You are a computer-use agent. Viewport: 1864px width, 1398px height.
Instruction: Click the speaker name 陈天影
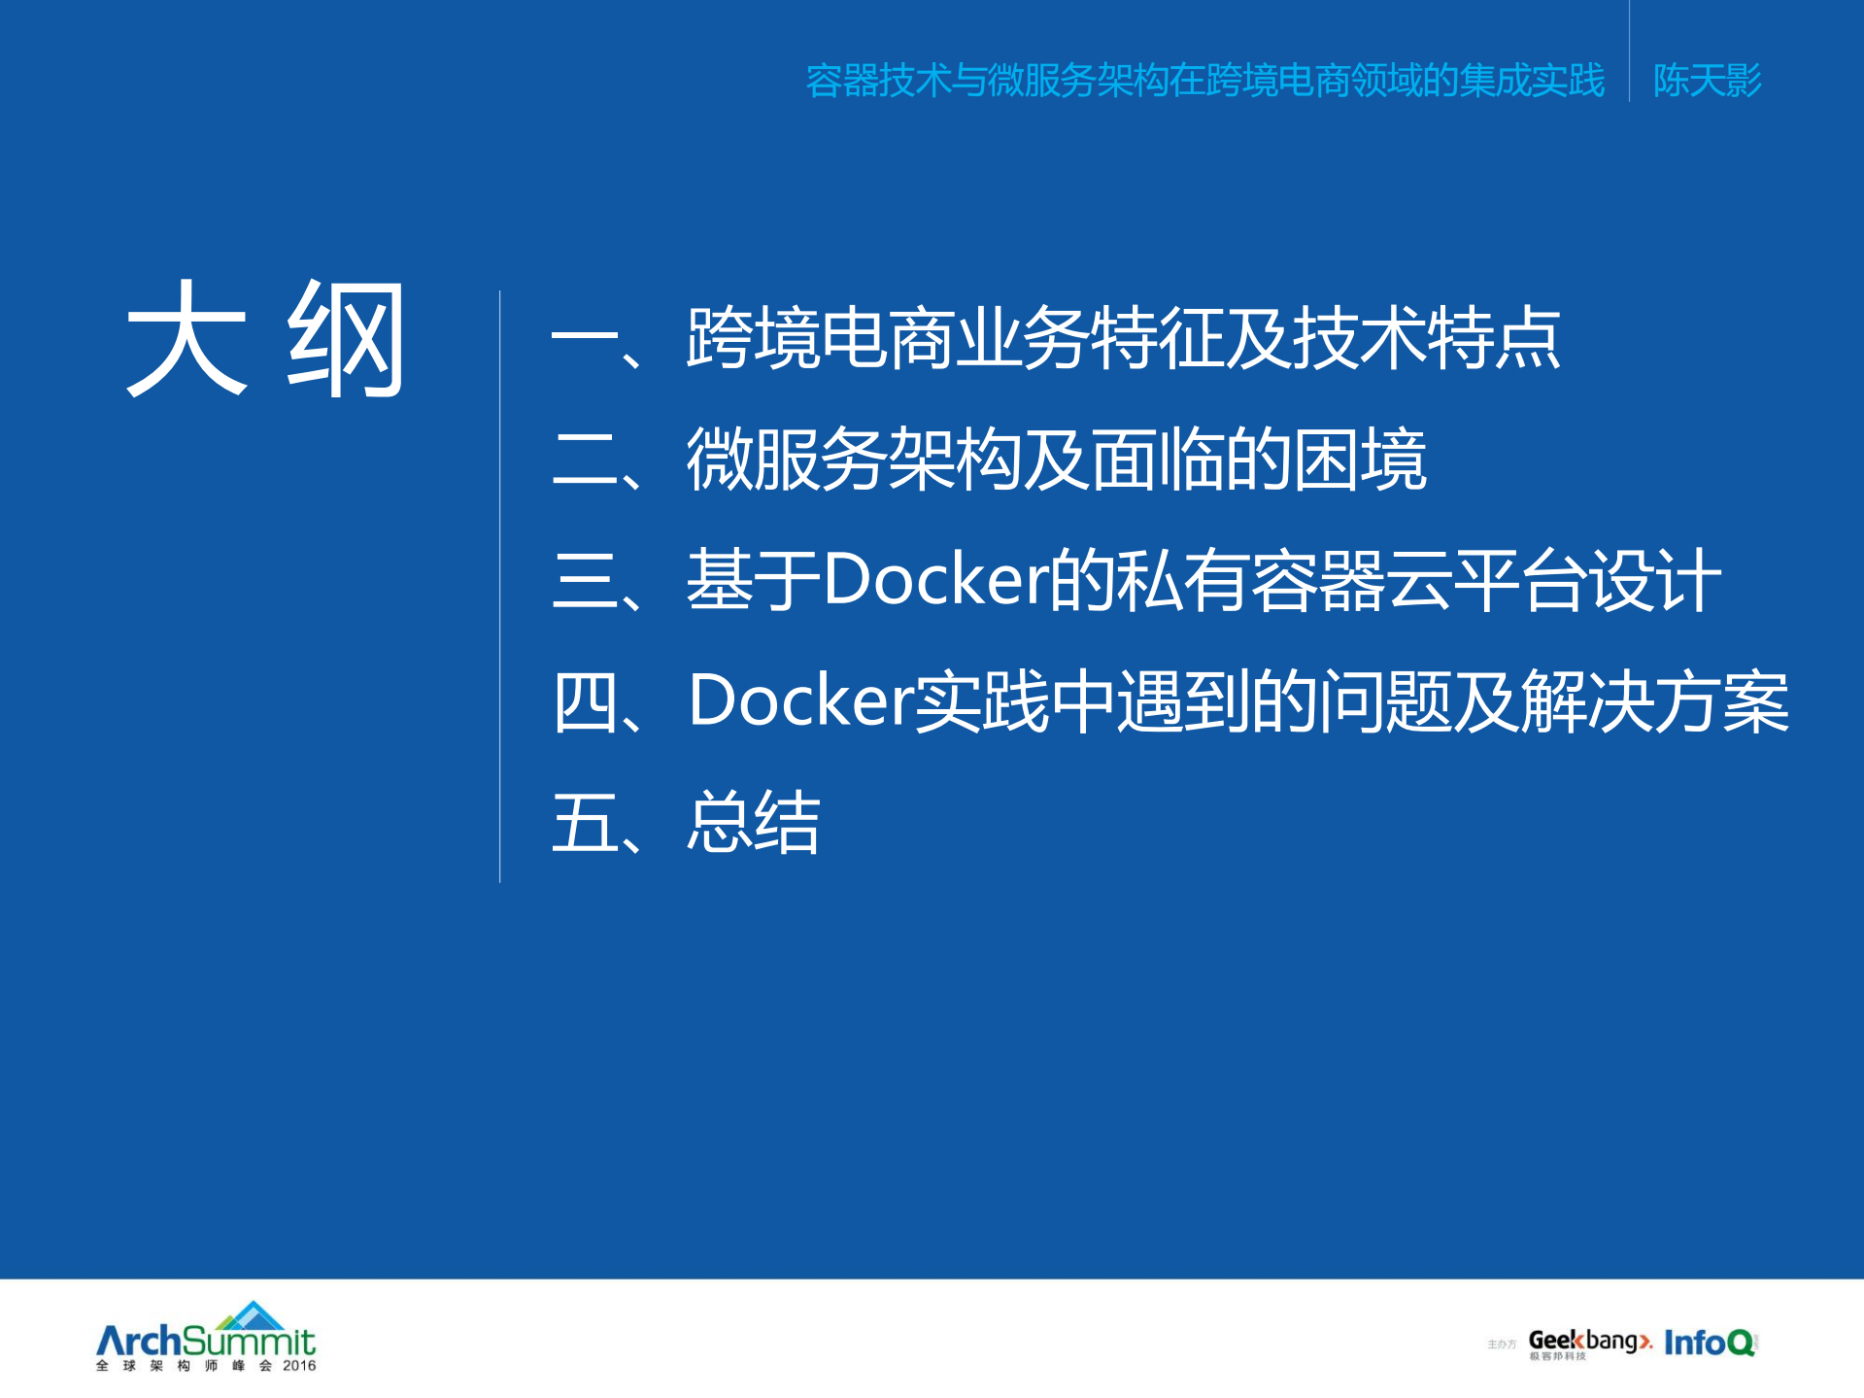click(x=1707, y=81)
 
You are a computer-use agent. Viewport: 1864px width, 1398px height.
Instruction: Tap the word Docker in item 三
click(x=935, y=580)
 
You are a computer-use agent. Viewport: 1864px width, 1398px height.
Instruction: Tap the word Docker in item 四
click(x=800, y=700)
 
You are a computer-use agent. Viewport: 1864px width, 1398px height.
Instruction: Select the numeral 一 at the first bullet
click(x=585, y=339)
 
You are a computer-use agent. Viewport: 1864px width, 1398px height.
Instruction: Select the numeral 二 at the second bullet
click(x=585, y=460)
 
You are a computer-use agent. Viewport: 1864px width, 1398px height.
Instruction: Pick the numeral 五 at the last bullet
click(x=585, y=822)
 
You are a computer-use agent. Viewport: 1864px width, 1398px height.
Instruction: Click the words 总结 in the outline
click(x=754, y=822)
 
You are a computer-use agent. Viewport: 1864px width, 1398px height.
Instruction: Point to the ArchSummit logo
click(x=206, y=1342)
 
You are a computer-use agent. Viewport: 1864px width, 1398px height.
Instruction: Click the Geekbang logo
click(x=1589, y=1342)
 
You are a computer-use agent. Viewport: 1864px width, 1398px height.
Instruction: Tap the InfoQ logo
click(x=1710, y=1343)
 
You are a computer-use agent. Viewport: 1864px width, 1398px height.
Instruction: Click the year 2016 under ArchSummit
click(x=299, y=1366)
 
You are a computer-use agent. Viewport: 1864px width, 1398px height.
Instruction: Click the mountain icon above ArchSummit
click(x=251, y=1315)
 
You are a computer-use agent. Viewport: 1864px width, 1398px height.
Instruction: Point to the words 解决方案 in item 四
click(x=1654, y=700)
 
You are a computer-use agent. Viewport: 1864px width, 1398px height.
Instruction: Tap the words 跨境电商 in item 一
click(x=820, y=339)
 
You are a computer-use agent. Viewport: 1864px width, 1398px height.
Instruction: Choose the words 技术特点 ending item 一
click(x=1426, y=339)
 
